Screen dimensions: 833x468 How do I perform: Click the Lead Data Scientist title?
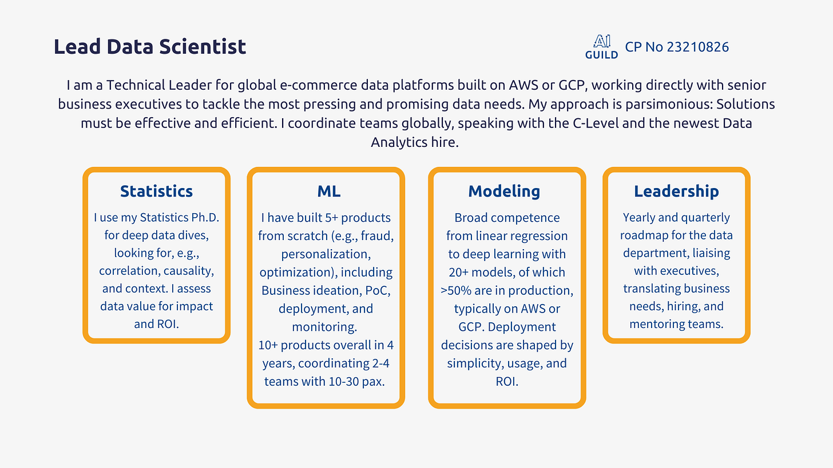coord(150,47)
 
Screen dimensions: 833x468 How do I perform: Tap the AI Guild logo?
coord(601,47)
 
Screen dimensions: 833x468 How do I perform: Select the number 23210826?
coord(697,47)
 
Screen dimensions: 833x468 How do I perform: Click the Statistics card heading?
coord(157,191)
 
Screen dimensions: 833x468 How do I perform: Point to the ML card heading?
coord(329,191)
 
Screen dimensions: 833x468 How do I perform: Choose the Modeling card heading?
coord(504,191)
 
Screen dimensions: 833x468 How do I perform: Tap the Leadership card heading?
coord(676,191)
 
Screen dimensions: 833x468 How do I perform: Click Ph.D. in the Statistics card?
coord(205,217)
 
